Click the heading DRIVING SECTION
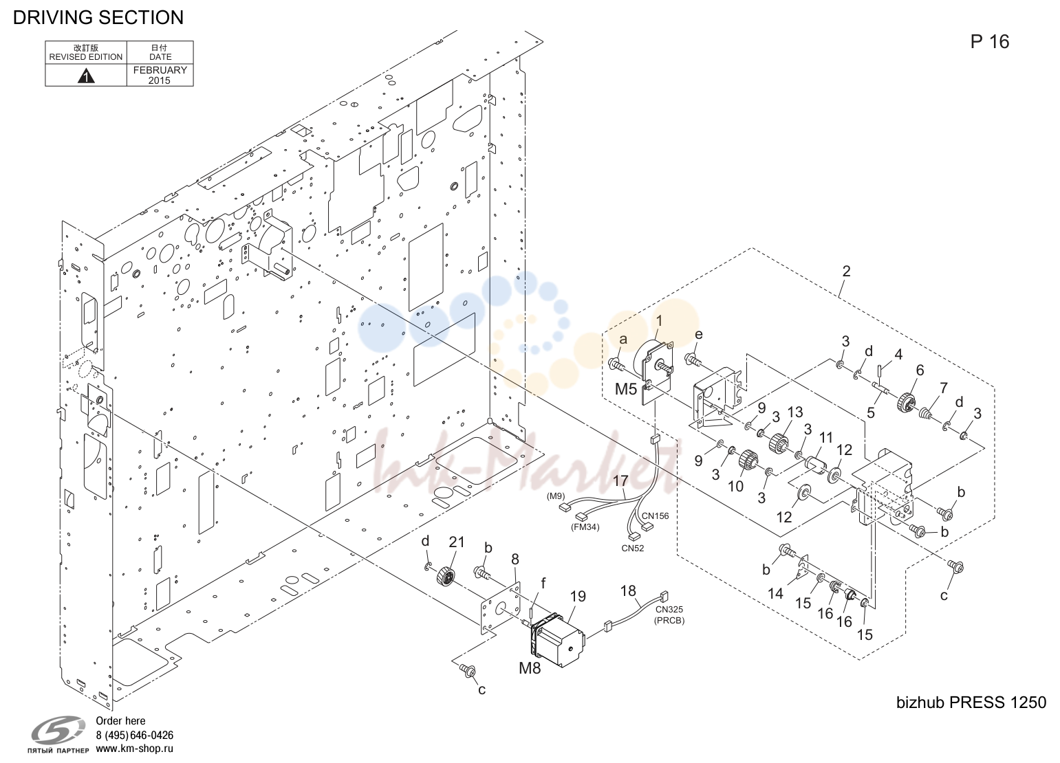[98, 17]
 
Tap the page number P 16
[989, 42]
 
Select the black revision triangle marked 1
[86, 75]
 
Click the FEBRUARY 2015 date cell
[160, 75]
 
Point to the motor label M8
[530, 667]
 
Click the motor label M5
[626, 389]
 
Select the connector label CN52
[633, 549]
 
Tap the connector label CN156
[656, 516]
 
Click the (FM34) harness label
[585, 527]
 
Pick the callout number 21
[456, 542]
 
